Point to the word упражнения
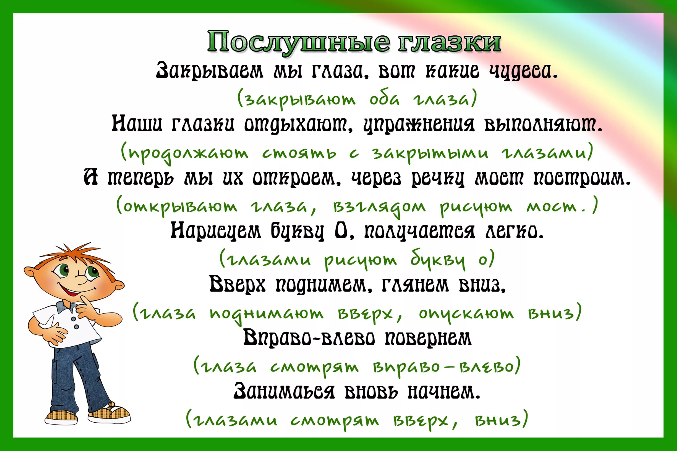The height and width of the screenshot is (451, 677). click(418, 125)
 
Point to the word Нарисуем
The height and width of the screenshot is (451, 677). click(216, 231)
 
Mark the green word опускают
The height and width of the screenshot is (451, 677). click(466, 314)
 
